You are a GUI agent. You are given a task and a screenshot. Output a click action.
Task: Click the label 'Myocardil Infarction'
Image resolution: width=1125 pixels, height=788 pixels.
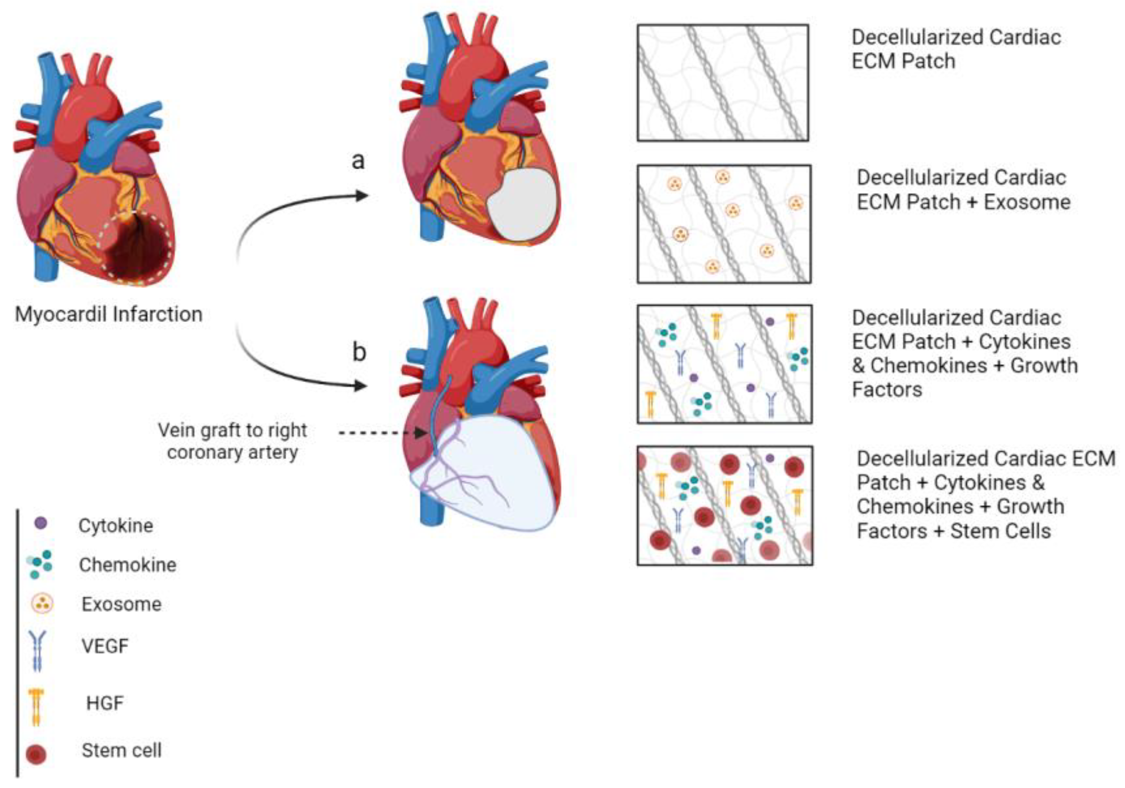108,315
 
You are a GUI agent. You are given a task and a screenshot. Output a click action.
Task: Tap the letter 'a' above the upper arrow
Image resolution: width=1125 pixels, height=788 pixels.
358,161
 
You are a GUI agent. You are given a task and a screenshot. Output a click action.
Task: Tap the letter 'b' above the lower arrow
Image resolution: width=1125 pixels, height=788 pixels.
359,352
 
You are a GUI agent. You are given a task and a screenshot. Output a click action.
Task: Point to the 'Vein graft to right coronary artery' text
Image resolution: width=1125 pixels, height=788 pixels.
232,441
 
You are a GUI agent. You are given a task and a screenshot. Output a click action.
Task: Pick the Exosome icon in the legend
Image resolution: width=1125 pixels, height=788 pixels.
42,604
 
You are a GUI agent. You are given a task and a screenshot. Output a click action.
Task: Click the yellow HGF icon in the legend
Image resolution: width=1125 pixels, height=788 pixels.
36,706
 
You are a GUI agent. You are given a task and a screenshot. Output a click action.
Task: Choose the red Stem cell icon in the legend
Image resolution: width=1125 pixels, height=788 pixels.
36,754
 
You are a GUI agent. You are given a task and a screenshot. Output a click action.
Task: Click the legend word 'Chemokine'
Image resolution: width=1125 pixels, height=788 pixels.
127,565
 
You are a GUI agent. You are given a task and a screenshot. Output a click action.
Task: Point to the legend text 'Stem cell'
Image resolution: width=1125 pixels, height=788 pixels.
121,750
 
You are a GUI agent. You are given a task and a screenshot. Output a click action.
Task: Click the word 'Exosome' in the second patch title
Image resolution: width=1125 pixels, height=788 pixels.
1027,202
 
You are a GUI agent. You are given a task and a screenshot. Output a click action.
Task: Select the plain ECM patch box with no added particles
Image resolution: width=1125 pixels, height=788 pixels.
723,83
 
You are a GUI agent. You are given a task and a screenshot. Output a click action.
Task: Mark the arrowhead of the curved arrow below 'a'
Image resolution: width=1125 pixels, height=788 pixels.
362,196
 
